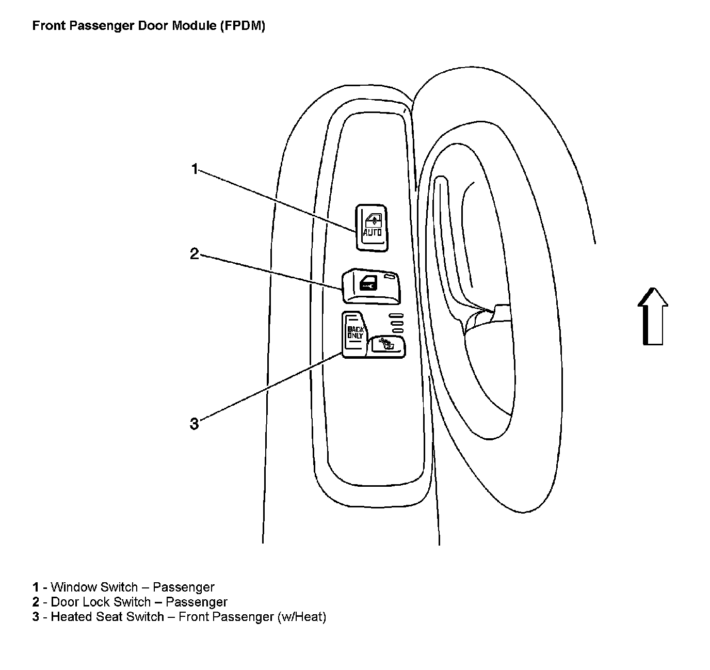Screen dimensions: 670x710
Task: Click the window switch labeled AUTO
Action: [x=372, y=228]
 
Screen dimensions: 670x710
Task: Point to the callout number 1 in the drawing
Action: [x=195, y=169]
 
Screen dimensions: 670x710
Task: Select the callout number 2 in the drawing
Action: [x=194, y=254]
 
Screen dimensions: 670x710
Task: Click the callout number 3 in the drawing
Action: [x=194, y=424]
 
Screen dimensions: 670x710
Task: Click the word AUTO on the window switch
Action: [x=373, y=233]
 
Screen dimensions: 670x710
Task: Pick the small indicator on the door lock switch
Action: [x=394, y=277]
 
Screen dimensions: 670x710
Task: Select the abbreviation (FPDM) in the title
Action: [x=242, y=26]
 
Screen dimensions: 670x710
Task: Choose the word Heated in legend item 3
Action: [x=71, y=616]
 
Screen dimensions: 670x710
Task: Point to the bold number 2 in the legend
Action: [x=36, y=602]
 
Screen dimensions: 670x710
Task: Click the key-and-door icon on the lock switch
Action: [x=368, y=284]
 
